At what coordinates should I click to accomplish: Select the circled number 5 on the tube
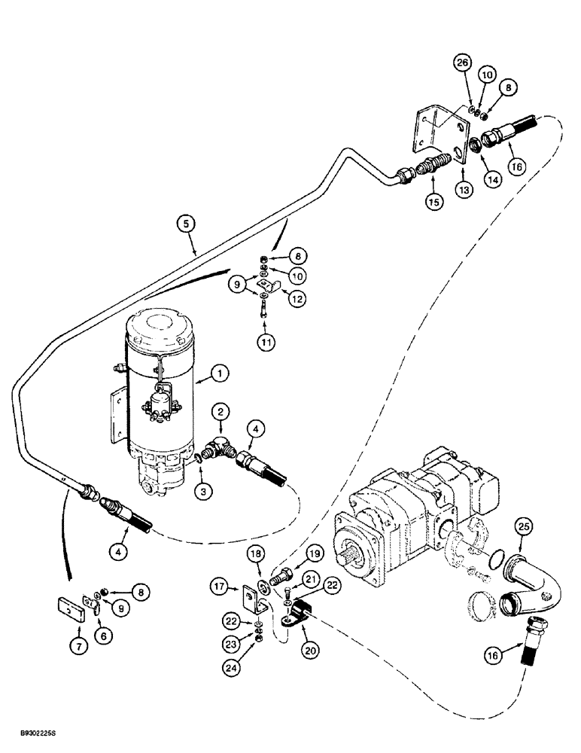[x=184, y=223]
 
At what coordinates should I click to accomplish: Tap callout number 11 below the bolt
[x=264, y=343]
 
